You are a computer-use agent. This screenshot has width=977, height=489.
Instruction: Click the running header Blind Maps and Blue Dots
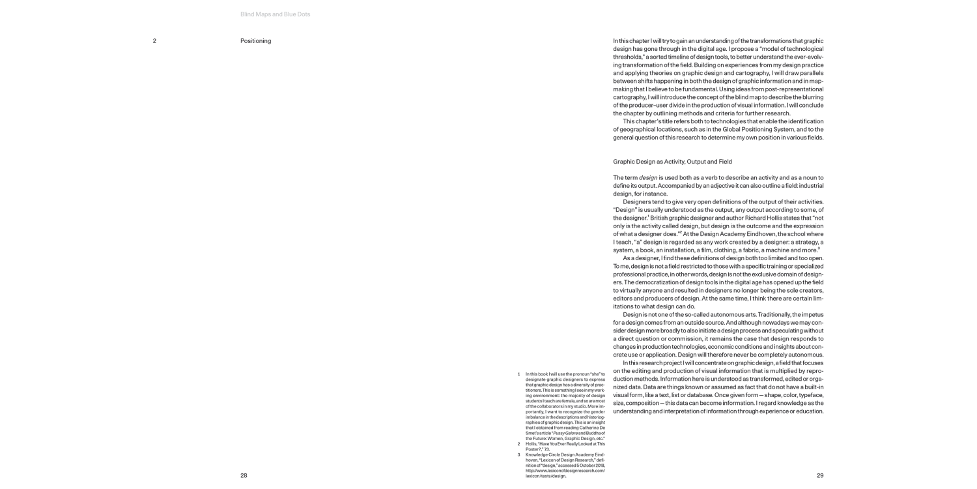[x=275, y=14]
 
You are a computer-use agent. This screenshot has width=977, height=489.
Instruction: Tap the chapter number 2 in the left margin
[x=154, y=41]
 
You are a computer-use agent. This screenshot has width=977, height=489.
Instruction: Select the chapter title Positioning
[x=255, y=41]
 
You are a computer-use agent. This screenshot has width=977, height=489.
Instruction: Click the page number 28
[x=244, y=475]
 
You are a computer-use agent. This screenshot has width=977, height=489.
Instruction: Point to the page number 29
[x=819, y=475]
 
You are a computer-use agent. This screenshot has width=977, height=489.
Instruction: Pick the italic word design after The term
[x=648, y=177]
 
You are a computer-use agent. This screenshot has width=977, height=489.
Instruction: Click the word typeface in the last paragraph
[x=808, y=395]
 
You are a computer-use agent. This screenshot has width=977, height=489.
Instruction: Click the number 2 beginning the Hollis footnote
[x=518, y=444]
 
